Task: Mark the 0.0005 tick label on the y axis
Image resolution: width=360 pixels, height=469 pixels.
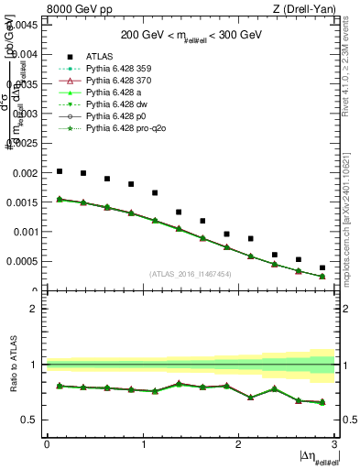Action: (21, 262)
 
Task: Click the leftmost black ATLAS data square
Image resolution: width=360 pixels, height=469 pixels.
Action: (60, 171)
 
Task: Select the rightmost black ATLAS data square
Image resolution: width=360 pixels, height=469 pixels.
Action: (322, 267)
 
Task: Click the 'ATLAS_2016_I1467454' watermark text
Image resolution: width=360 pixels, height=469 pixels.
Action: (191, 274)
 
